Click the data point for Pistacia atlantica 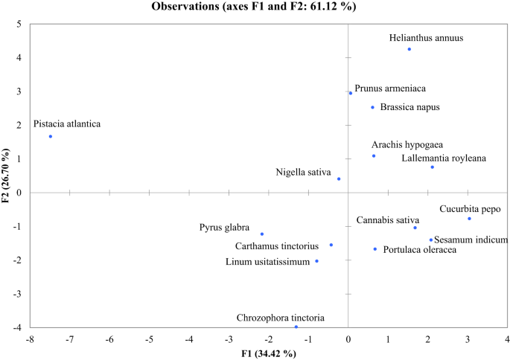pyautogui.click(x=51, y=136)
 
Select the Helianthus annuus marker pyautogui.click(x=409, y=49)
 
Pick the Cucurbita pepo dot pyautogui.click(x=469, y=219)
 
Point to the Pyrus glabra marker pyautogui.click(x=262, y=234)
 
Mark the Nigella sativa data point pyautogui.click(x=339, y=179)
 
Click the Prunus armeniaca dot pyautogui.click(x=351, y=93)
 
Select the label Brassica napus pyautogui.click(x=409, y=107)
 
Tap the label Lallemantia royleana pyautogui.click(x=444, y=158)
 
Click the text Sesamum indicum pyautogui.click(x=471, y=240)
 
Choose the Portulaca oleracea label pyautogui.click(x=419, y=250)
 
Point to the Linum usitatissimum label pyautogui.click(x=267, y=261)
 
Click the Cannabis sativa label pyautogui.click(x=387, y=220)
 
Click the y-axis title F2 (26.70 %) pyautogui.click(x=7, y=176)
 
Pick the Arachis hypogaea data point pyautogui.click(x=374, y=155)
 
